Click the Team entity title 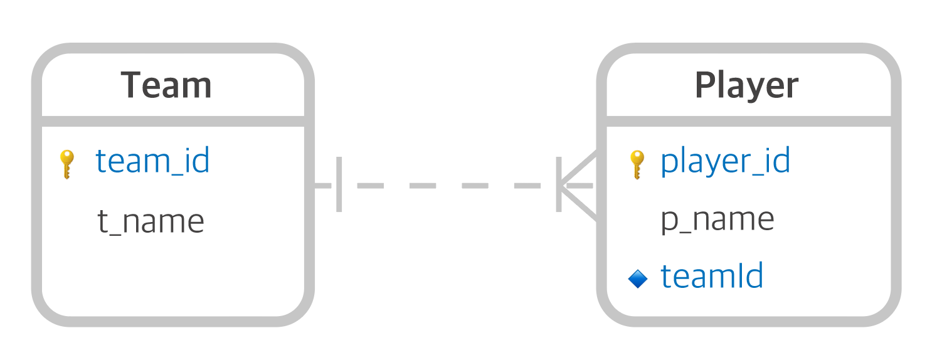coord(166,85)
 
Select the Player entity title coord(746,85)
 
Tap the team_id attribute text coord(152,161)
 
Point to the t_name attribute coord(151,221)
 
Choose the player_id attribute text coord(725,161)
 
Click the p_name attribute coord(717,220)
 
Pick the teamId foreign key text coord(712,276)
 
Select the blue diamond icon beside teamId coord(637,278)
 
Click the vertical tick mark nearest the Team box coord(339,185)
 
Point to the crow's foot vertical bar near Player coord(558,185)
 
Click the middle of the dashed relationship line coord(448,186)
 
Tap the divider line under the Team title coord(172,120)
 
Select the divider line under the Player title coord(749,120)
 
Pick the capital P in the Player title coord(705,85)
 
